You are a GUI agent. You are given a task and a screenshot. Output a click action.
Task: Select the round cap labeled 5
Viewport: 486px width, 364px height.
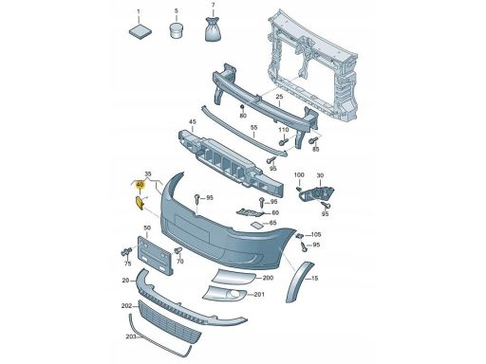tap(176, 30)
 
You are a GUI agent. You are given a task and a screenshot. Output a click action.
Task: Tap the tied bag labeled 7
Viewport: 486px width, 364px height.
tap(213, 29)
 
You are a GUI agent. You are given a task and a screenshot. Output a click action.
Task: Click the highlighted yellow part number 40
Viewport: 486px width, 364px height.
tap(140, 185)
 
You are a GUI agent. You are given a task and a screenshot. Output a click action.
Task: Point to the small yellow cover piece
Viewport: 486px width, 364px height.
tap(140, 203)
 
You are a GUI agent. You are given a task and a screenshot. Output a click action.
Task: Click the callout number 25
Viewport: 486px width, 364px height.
tap(279, 96)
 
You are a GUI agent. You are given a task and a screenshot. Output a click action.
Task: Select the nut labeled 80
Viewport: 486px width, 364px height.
tap(242, 107)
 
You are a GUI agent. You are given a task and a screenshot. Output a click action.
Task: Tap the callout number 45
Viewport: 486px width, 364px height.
tap(193, 122)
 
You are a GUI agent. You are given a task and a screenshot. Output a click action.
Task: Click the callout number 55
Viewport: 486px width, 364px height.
tap(253, 128)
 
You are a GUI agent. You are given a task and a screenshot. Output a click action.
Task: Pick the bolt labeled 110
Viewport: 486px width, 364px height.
tap(283, 141)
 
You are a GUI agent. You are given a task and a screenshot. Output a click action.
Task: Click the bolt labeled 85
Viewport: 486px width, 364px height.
tap(314, 139)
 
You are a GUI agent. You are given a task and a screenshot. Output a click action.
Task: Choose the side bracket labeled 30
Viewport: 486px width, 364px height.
tap(316, 193)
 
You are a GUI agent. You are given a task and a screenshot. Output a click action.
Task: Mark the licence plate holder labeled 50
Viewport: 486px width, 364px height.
tap(155, 255)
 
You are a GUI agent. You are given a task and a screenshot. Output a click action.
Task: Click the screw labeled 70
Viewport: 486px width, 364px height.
tap(178, 251)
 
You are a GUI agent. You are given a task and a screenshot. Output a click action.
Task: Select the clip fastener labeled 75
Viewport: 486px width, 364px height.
tap(126, 252)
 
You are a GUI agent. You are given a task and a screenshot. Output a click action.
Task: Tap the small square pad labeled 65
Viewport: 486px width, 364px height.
tap(256, 225)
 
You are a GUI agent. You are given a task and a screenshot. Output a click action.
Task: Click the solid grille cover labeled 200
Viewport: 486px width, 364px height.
tap(234, 277)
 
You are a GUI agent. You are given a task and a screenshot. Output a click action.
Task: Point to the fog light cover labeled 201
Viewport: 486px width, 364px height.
tap(225, 294)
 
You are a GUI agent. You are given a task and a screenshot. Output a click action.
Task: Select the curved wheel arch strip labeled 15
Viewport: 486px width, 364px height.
tap(299, 282)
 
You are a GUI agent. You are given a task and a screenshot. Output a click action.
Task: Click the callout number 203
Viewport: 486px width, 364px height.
tap(131, 337)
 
